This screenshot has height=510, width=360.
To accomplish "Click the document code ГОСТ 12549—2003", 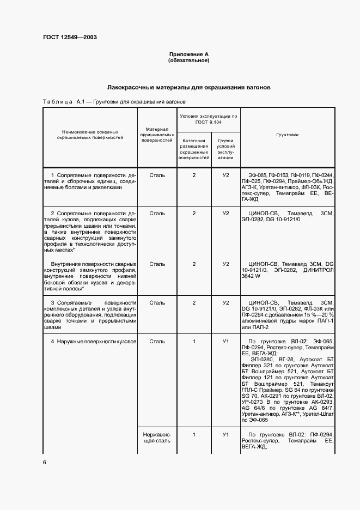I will pos(70,38).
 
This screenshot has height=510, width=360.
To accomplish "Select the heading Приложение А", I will pos(188,54).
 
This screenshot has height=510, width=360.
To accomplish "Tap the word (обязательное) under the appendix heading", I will pos(188,60).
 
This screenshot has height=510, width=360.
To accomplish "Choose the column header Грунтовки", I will pos(287,134).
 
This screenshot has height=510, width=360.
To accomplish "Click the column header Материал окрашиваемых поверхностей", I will pos(157,134).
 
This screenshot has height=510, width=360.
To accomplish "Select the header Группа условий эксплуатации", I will pos(225,148).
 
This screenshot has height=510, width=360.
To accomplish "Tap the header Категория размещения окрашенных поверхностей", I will pos(194,148).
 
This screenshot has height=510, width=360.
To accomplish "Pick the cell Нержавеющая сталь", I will pos(157,437).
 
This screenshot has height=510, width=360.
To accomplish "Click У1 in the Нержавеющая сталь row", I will pos(225,434).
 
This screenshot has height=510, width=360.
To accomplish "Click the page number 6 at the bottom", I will pos(45,462).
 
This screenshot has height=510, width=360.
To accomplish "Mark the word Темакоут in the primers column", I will pos(321,384).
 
